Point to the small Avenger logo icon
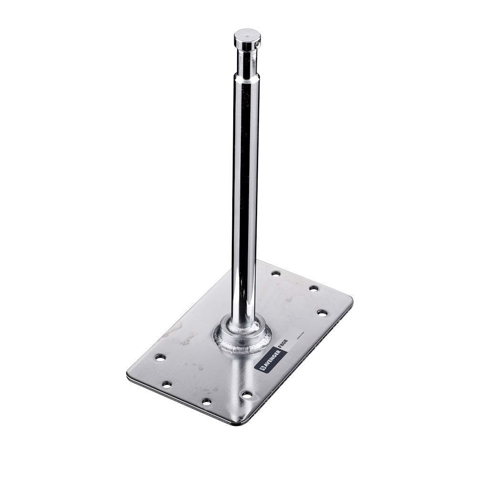tap(262, 369)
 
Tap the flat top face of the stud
tap(247, 35)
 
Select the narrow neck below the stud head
tap(247, 62)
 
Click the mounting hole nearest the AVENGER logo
tap(247, 394)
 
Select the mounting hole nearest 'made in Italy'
tap(322, 313)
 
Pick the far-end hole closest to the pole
tap(276, 273)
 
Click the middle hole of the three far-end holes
tap(313, 288)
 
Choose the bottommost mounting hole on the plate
tap(206, 402)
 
